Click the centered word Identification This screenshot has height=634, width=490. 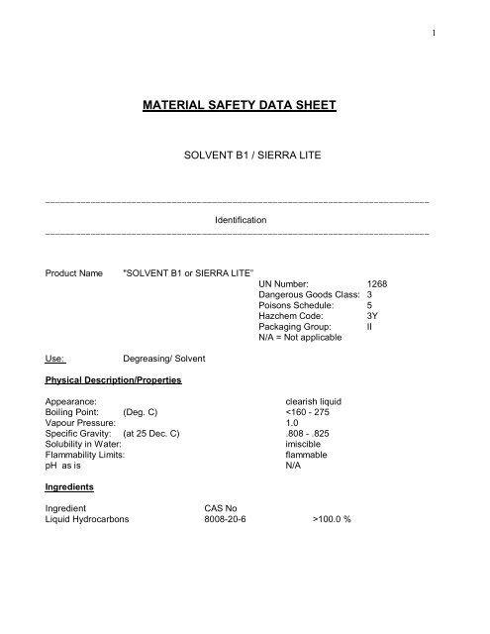click(x=244, y=219)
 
